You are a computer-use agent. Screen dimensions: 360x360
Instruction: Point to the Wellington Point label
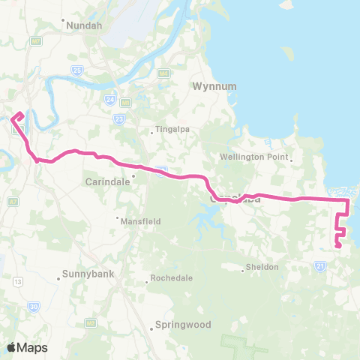point(259,157)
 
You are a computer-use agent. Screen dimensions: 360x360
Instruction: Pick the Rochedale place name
point(172,277)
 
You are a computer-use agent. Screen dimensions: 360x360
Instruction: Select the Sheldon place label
point(263,268)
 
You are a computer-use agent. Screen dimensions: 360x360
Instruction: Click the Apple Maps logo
point(27,347)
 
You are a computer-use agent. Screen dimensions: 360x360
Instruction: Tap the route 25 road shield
point(77,70)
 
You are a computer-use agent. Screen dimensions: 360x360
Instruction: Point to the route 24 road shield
point(110,99)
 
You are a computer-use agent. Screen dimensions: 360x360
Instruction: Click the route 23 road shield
point(119,118)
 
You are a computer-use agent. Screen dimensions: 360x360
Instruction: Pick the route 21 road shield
point(320,266)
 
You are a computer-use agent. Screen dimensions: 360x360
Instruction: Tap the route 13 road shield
point(16,280)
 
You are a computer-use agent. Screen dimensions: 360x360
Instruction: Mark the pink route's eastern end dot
point(338,245)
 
